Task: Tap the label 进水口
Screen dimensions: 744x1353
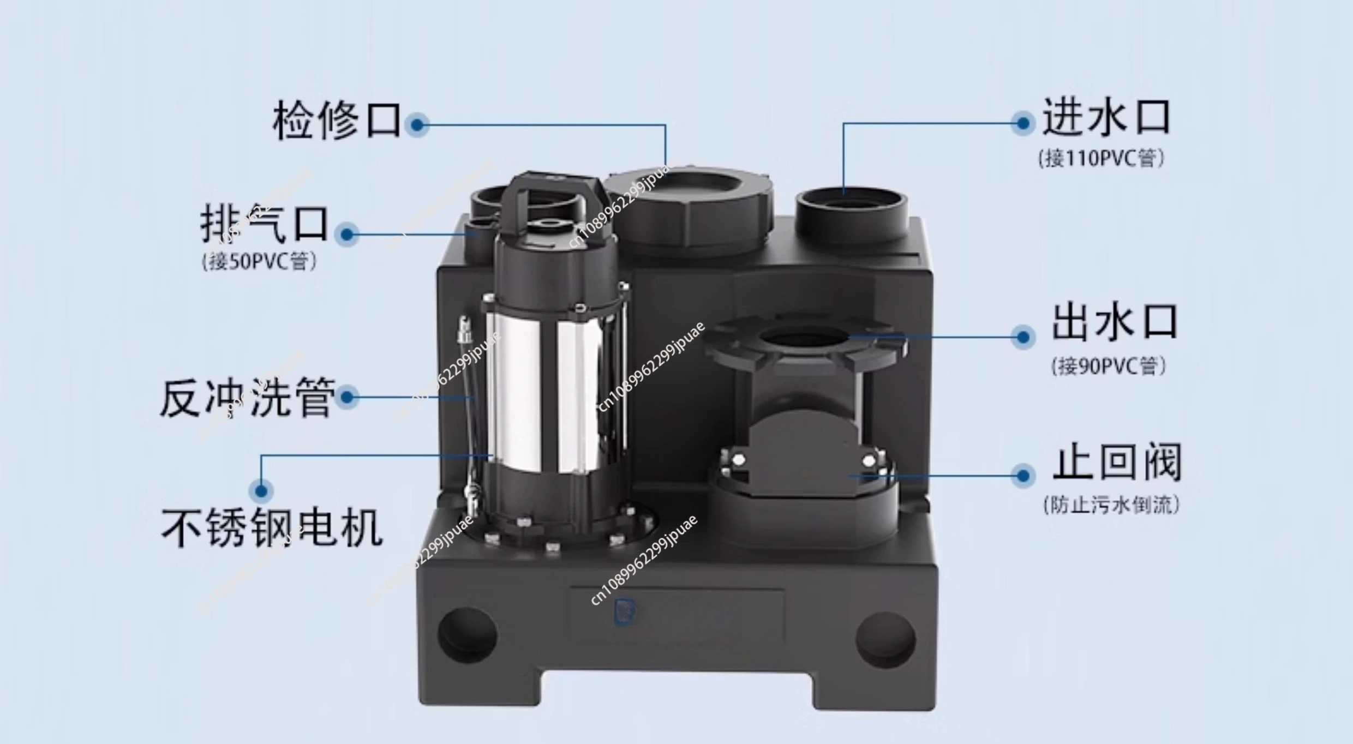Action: (1106, 117)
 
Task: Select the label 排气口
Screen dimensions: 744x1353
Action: (265, 224)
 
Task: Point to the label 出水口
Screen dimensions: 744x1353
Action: (1115, 323)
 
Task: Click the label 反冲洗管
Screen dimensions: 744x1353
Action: (247, 398)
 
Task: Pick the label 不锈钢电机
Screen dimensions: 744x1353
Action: (272, 528)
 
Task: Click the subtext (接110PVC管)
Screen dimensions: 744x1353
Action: (1101, 159)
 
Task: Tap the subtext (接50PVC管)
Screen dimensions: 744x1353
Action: (259, 261)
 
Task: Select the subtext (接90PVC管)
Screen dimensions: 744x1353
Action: (1109, 365)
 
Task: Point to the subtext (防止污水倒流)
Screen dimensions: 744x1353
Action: (1111, 505)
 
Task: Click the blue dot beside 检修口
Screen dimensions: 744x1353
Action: (417, 125)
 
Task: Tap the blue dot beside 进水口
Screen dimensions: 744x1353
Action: (1023, 123)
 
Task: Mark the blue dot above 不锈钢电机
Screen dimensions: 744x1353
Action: (261, 490)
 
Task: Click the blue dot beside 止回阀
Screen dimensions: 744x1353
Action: (1023, 475)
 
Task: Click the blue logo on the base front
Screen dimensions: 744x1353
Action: (622, 611)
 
